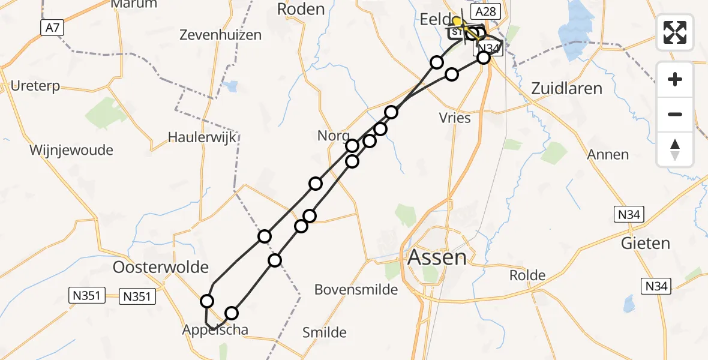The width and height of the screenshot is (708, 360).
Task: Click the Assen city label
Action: click(437, 257)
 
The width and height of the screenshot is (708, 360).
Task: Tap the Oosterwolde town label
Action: click(161, 266)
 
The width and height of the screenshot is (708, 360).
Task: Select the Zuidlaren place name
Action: click(566, 88)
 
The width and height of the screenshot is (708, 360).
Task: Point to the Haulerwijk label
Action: click(202, 137)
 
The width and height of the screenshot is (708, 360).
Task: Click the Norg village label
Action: click(332, 136)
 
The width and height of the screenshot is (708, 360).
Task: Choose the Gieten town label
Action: click(646, 243)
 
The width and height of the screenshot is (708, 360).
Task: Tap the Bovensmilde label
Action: click(356, 290)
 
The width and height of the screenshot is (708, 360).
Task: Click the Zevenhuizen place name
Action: click(221, 35)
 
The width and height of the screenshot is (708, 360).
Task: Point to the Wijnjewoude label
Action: click(71, 150)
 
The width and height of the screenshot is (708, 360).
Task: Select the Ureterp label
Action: click(35, 86)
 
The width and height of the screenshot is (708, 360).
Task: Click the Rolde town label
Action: click(527, 275)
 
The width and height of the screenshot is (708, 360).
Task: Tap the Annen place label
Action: click(608, 154)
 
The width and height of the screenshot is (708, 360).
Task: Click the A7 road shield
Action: click(52, 27)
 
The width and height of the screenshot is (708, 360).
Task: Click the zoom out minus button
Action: click(675, 114)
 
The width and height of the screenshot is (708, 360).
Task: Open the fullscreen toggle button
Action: click(675, 32)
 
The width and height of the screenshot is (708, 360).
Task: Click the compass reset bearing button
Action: click(675, 149)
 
